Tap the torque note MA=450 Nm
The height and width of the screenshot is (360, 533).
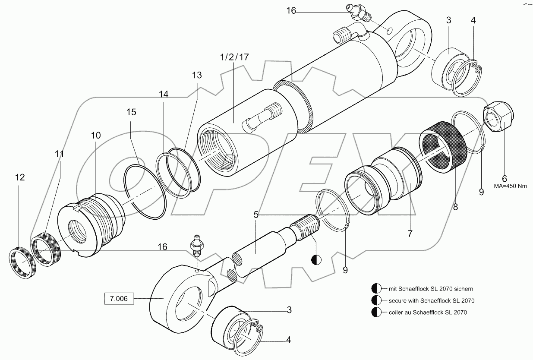click(511, 186)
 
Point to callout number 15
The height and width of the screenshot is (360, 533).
click(131, 112)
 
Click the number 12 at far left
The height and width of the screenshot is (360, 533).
click(19, 177)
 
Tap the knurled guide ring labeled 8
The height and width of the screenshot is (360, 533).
click(444, 145)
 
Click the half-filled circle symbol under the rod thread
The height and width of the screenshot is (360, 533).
click(315, 259)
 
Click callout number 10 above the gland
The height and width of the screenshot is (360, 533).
click(96, 135)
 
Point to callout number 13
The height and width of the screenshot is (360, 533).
click(197, 75)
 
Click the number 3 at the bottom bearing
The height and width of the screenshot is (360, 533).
click(289, 310)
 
